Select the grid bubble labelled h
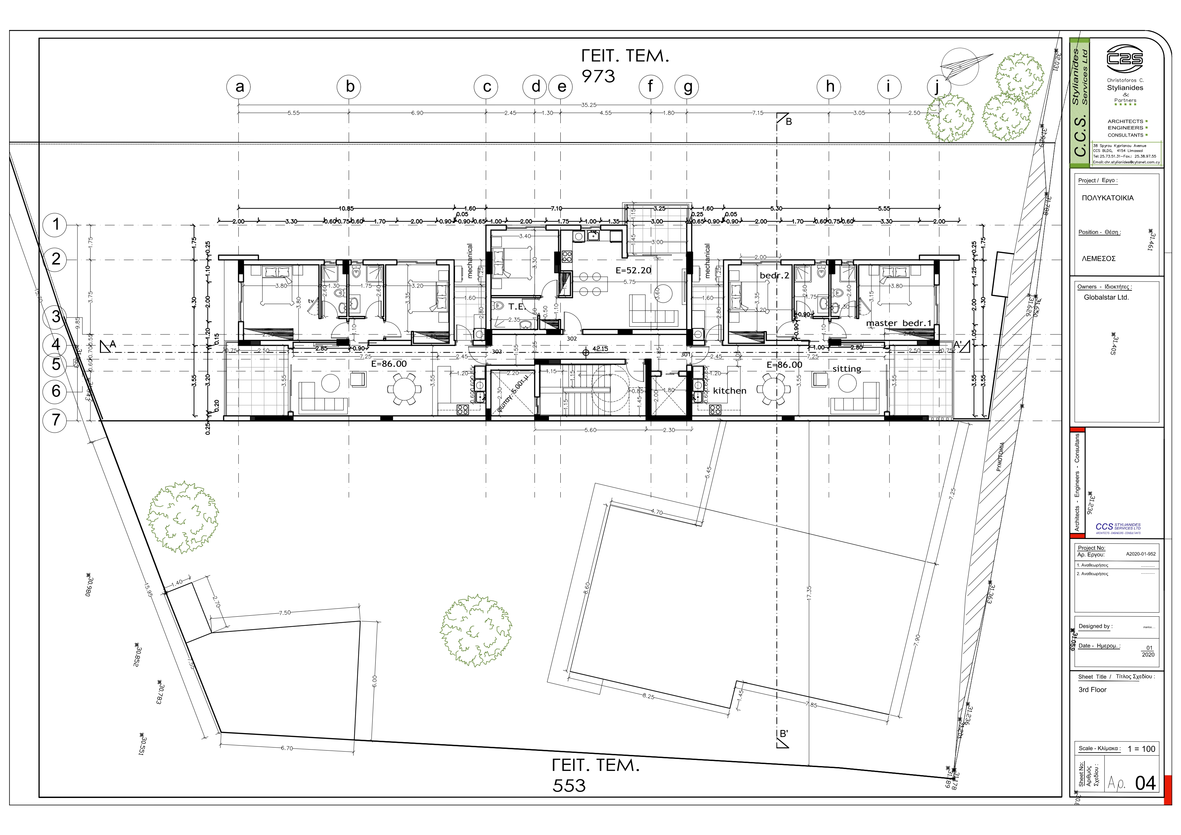point(829,87)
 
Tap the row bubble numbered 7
point(56,420)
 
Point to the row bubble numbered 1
point(56,225)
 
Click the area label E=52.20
point(633,270)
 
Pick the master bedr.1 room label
point(899,323)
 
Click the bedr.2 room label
point(774,276)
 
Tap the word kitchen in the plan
point(729,391)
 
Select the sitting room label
point(846,369)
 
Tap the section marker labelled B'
point(783,734)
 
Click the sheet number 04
point(1146,783)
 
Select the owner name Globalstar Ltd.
point(1106,297)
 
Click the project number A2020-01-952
point(1140,554)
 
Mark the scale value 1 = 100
point(1141,749)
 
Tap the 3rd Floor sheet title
point(1092,689)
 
